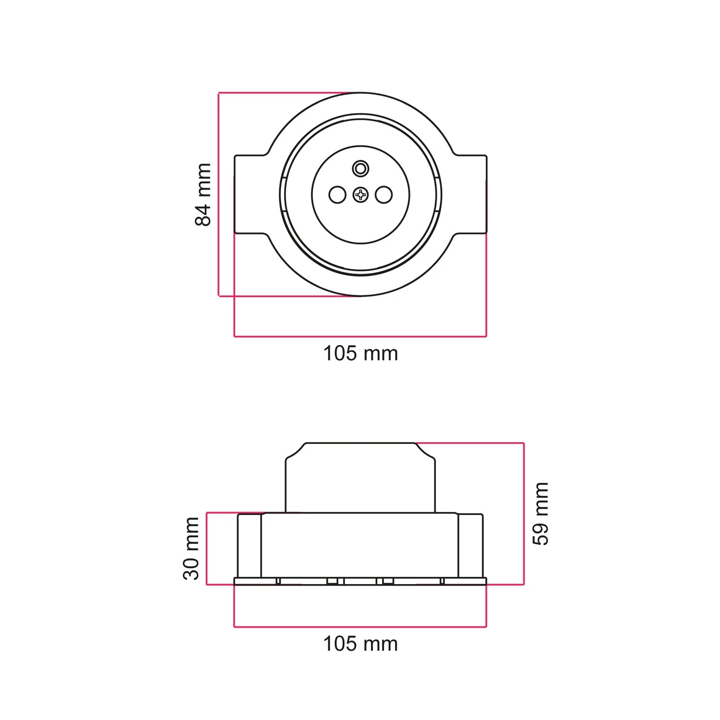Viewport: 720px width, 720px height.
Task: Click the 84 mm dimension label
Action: pos(203,194)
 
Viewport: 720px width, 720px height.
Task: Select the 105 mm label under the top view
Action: pos(360,354)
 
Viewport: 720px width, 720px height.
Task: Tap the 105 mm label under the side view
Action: pos(360,644)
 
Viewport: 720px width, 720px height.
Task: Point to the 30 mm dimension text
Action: pos(191,549)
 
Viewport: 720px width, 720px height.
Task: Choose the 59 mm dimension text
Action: pos(541,514)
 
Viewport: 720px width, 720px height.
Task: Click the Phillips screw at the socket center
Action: pos(360,195)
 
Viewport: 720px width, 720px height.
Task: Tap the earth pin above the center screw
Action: pos(360,168)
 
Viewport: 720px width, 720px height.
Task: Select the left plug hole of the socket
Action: pos(337,195)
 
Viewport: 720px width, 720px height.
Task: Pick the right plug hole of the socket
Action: pos(384,195)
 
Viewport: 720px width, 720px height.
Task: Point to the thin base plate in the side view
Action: pos(360,582)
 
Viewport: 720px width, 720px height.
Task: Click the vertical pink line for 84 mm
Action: pos(219,194)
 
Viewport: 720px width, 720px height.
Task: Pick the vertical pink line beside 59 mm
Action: pos(524,514)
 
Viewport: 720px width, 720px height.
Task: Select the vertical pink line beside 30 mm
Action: pos(207,549)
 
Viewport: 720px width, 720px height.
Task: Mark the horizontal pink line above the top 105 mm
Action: pos(360,336)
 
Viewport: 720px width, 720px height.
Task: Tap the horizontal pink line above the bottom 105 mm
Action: pos(360,627)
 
